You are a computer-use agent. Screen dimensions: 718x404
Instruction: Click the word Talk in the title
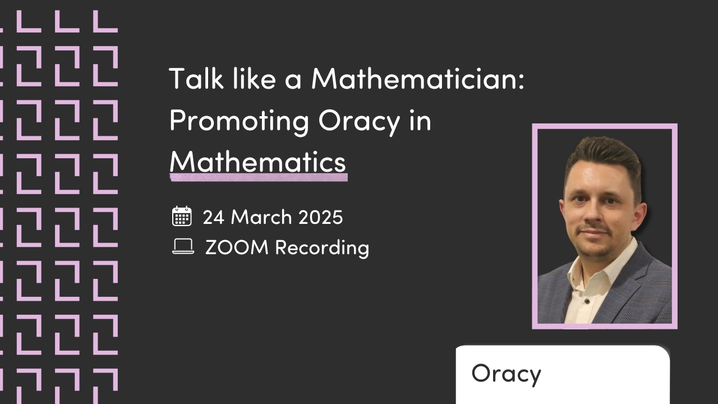click(196, 78)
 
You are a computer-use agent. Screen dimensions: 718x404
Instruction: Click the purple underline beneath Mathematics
click(259, 177)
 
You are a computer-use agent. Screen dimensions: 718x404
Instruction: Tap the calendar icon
click(182, 216)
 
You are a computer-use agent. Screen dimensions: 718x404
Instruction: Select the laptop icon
click(183, 246)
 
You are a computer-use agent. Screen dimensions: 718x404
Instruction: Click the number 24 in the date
click(214, 217)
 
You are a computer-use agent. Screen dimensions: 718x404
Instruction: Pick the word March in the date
click(261, 217)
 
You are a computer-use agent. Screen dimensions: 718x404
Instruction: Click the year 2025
click(320, 217)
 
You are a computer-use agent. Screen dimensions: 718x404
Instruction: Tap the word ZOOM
click(237, 247)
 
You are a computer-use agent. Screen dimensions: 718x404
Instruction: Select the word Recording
click(322, 248)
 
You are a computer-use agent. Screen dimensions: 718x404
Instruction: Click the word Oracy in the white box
click(506, 374)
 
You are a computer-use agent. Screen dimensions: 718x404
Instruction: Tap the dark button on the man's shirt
click(587, 301)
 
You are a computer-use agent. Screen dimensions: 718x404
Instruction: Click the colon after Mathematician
click(521, 82)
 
